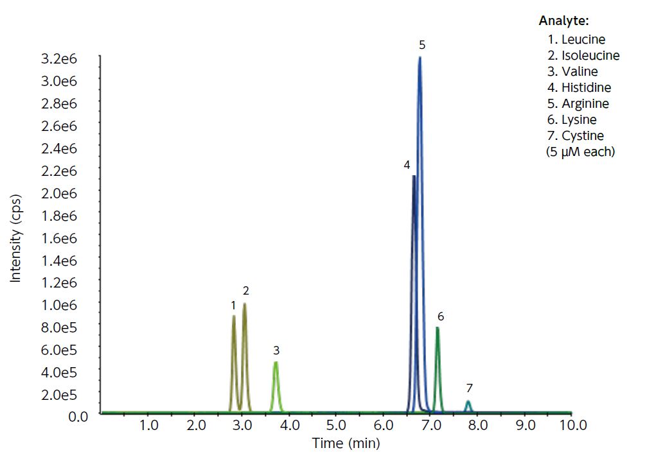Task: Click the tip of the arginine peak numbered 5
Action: (x=420, y=58)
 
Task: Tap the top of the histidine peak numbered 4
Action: (x=414, y=177)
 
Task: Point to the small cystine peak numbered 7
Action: (x=468, y=402)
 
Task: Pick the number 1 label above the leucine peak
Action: (x=233, y=305)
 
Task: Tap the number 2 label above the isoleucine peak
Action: (x=245, y=291)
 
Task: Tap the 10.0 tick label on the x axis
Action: (x=572, y=426)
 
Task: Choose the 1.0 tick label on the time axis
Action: (x=148, y=426)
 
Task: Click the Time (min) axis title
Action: (x=346, y=443)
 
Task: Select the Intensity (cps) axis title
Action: (x=16, y=237)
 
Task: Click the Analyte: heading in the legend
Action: (x=563, y=21)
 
